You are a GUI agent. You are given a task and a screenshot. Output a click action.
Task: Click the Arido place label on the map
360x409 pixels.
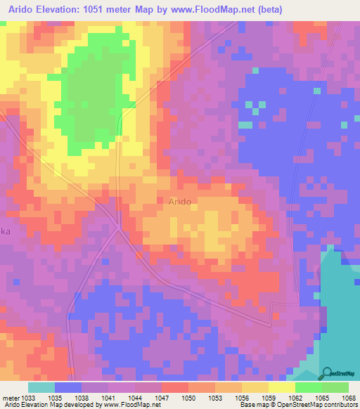[180, 201]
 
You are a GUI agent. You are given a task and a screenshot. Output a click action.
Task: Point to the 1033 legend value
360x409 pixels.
[29, 398]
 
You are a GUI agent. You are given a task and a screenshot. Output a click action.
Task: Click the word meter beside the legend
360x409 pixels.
[10, 398]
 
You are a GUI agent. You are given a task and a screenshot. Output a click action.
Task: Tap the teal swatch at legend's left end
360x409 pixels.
[41, 387]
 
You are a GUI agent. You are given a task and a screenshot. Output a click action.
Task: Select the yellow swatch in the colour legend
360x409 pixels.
[281, 387]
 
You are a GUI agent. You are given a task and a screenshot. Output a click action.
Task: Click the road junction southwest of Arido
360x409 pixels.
[120, 230]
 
